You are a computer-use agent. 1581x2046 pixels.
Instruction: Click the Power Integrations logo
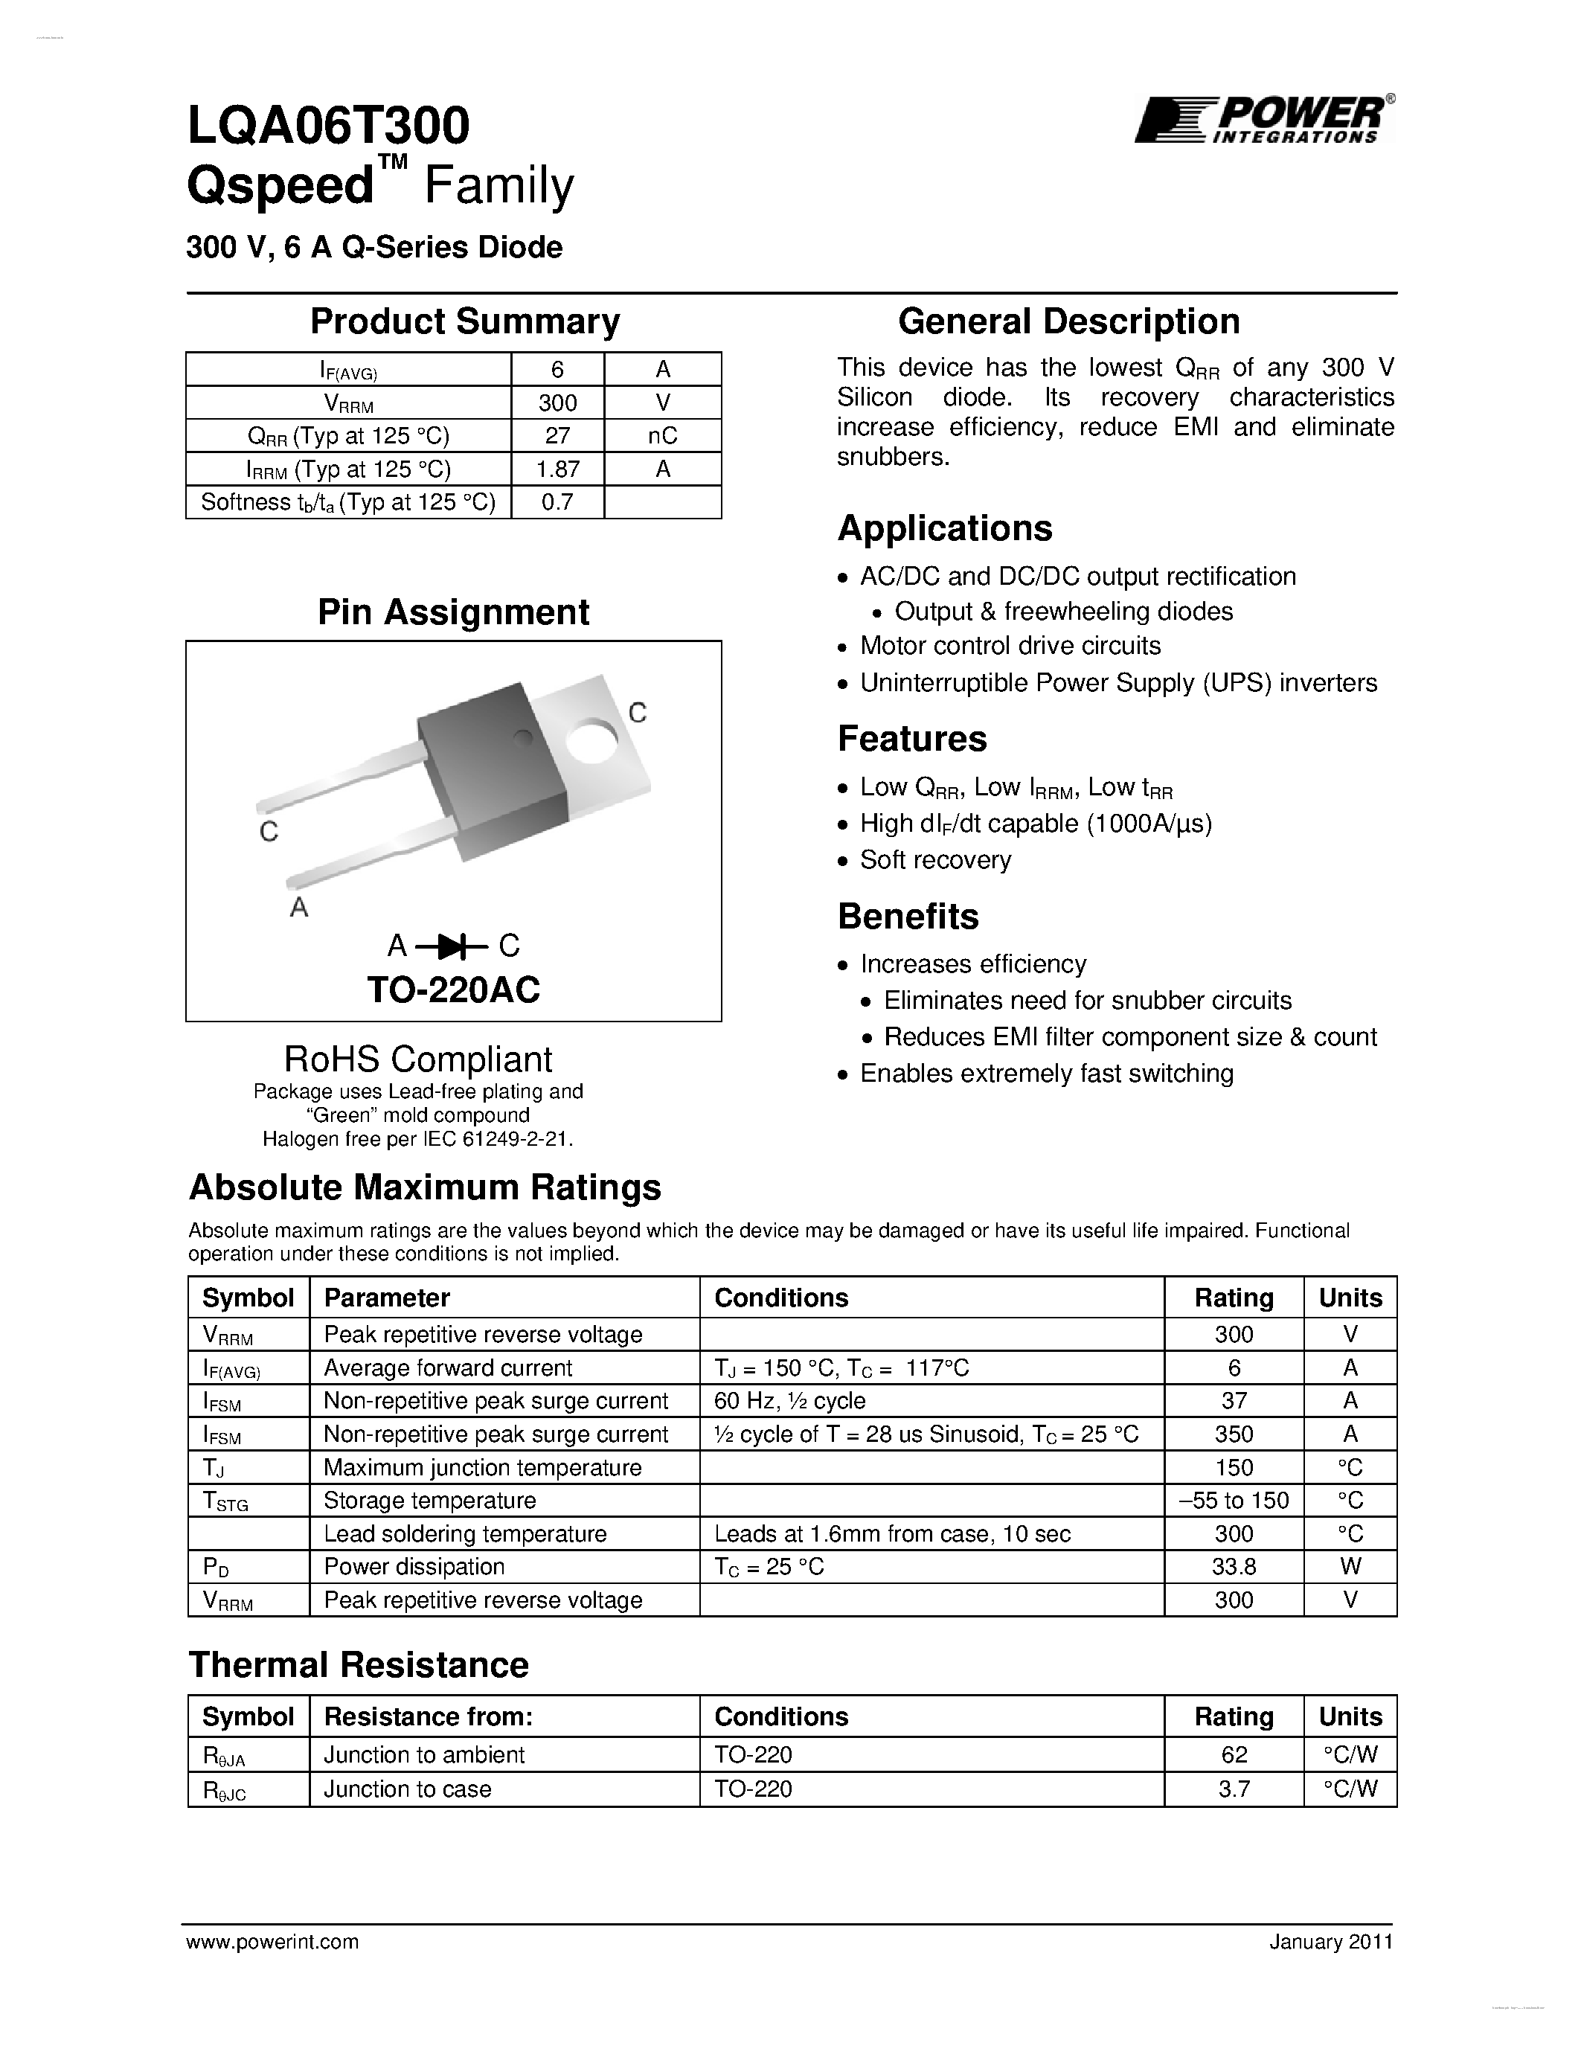[x=1263, y=120]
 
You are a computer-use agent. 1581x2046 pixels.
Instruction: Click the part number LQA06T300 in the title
[x=328, y=126]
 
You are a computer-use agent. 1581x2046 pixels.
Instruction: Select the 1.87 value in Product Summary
[x=557, y=469]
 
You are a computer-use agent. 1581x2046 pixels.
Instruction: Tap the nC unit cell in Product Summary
[x=662, y=436]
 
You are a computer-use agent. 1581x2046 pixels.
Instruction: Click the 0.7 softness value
[x=557, y=502]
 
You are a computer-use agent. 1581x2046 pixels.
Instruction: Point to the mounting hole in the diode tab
[x=592, y=740]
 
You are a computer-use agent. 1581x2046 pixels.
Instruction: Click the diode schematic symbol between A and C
[x=453, y=947]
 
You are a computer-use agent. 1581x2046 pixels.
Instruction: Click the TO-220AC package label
[x=453, y=990]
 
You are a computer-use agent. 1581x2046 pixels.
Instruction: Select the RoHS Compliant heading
[x=417, y=1059]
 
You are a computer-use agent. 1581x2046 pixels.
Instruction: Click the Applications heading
[x=944, y=528]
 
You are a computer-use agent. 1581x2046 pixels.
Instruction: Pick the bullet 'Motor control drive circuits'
[x=1010, y=647]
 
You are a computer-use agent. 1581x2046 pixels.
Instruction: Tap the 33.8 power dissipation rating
[x=1234, y=1566]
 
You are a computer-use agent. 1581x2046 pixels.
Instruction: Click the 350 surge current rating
[x=1234, y=1434]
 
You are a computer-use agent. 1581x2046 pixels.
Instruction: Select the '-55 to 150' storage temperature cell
[x=1234, y=1501]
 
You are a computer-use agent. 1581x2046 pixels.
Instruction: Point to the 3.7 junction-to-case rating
[x=1234, y=1789]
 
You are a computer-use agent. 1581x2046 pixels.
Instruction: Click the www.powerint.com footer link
[x=272, y=1942]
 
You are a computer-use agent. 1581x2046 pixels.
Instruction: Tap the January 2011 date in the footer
[x=1331, y=1942]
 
